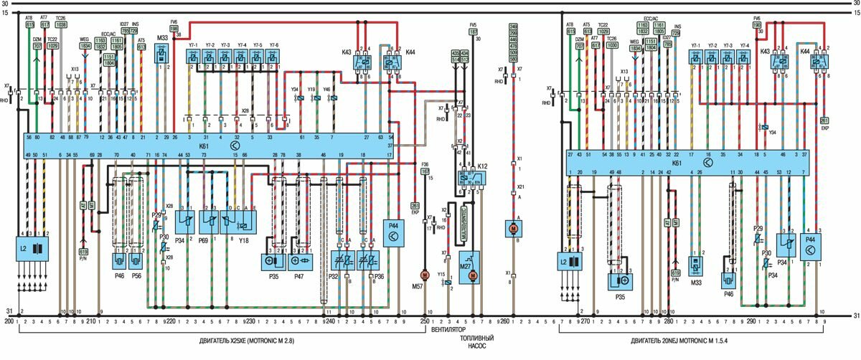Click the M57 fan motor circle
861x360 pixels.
point(424,275)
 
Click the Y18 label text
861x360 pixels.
point(245,242)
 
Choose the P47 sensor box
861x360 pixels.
point(299,261)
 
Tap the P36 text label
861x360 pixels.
point(379,275)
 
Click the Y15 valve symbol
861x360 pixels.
point(449,283)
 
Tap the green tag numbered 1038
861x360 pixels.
point(62,24)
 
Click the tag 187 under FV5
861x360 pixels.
point(473,32)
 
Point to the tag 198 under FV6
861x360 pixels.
point(174,29)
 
